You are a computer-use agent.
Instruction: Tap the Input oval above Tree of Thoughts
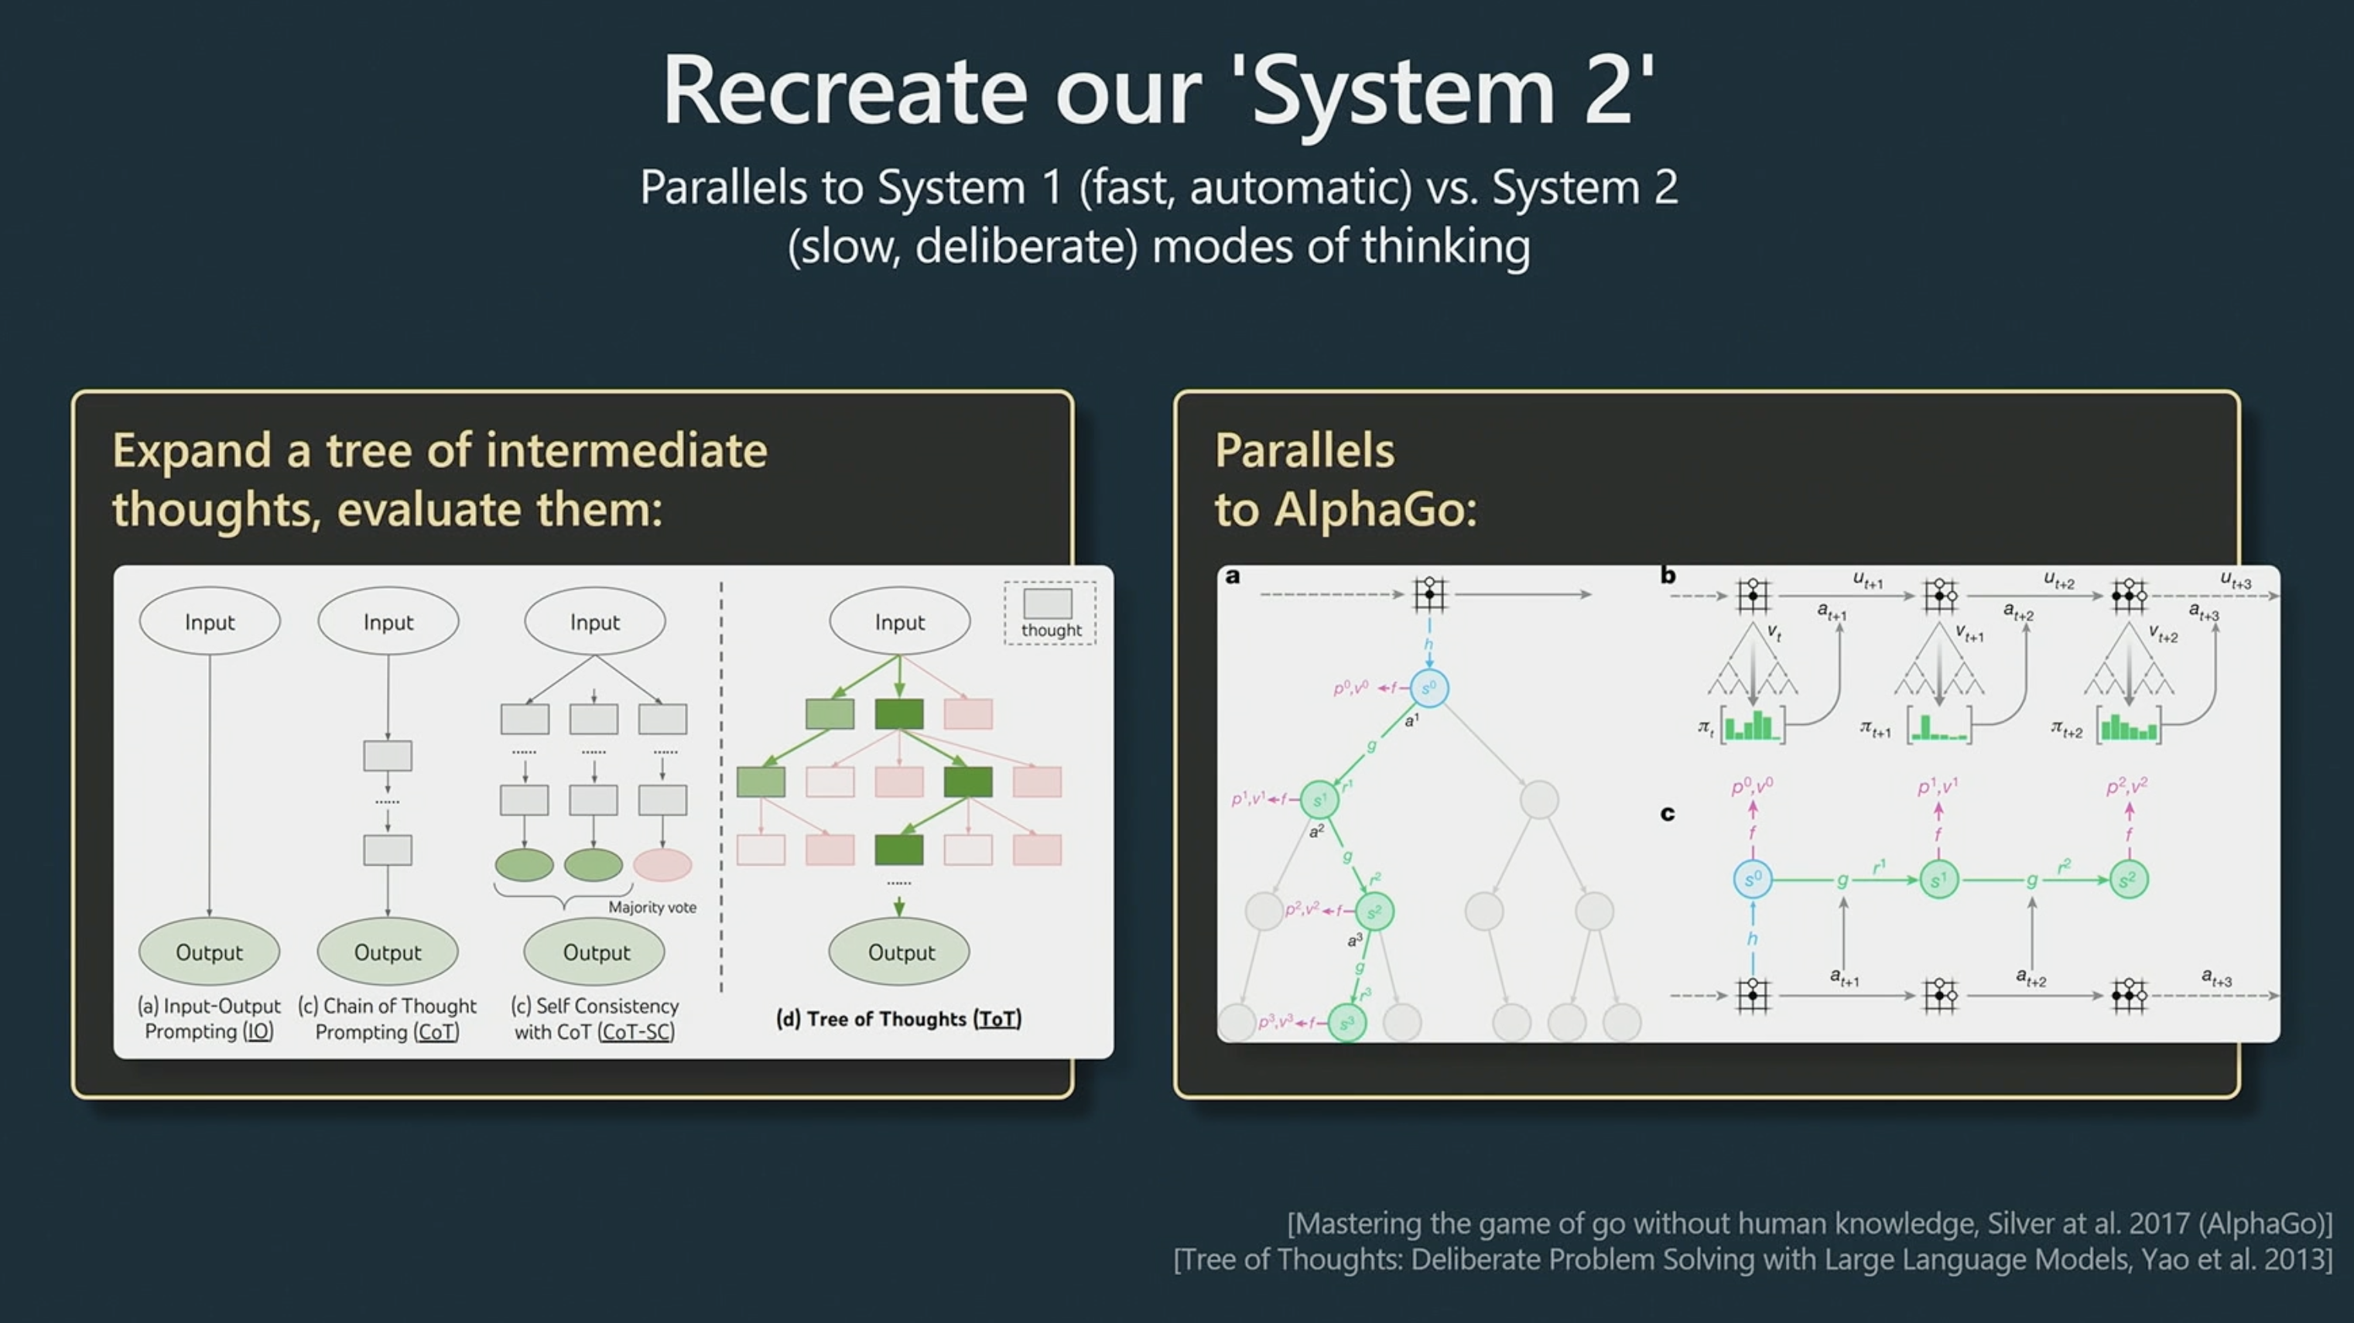(900, 621)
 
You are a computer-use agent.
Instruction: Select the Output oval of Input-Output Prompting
(209, 951)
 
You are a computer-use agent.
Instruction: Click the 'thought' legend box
(1050, 613)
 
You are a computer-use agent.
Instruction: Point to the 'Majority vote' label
(652, 908)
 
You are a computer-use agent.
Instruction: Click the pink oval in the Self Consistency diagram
(662, 864)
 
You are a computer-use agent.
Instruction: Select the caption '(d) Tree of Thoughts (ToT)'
(898, 1019)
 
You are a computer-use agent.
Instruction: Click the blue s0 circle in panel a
(1429, 688)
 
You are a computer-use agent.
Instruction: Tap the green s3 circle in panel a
(1346, 1022)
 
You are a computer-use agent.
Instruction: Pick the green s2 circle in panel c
(2128, 879)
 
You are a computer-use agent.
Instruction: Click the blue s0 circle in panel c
(1753, 879)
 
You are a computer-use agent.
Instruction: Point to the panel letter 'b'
(1668, 575)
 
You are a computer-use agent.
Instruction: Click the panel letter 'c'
(1668, 813)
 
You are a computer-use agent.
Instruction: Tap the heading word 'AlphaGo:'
(1375, 509)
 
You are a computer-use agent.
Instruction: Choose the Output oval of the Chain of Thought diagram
(388, 951)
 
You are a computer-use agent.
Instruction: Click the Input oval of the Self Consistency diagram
(595, 621)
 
